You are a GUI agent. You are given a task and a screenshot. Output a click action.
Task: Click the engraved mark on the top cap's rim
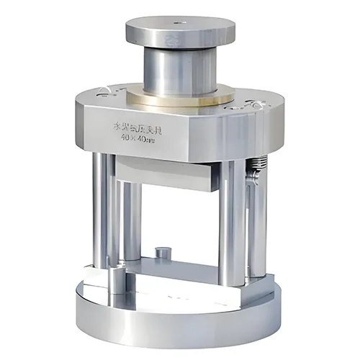pos(171,36)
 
